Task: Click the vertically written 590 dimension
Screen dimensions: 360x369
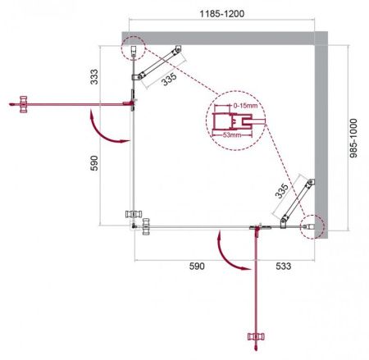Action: pos(94,164)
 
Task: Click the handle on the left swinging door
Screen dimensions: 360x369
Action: pos(23,103)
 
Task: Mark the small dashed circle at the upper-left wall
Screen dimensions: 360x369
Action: pos(132,49)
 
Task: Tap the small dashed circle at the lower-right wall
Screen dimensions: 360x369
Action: pos(312,226)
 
